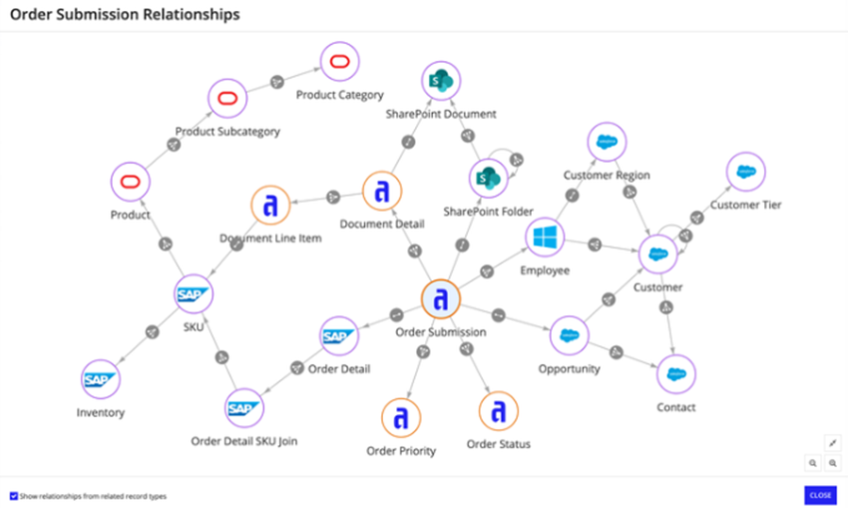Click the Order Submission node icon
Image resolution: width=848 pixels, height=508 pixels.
coord(440,299)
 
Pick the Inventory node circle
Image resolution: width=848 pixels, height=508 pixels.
coord(100,379)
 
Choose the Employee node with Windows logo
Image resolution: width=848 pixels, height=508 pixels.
coord(545,238)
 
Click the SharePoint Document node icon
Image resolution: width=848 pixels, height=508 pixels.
coord(440,80)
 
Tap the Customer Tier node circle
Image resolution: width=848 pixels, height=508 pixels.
coord(744,172)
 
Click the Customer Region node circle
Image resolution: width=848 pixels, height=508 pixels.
coord(606,142)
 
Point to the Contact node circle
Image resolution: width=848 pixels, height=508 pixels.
coord(675,374)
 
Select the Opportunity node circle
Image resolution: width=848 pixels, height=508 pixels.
coord(570,335)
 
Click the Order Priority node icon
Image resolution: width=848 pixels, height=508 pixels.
coord(400,417)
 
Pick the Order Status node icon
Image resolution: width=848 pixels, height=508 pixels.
coord(498,410)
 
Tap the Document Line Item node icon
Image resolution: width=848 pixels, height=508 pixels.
coord(269,206)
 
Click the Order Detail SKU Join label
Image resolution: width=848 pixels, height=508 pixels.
coord(243,441)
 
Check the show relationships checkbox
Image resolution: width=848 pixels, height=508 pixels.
coord(13,495)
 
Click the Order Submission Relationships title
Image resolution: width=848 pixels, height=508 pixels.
coord(125,15)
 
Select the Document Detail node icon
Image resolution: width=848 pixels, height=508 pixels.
coord(381,191)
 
